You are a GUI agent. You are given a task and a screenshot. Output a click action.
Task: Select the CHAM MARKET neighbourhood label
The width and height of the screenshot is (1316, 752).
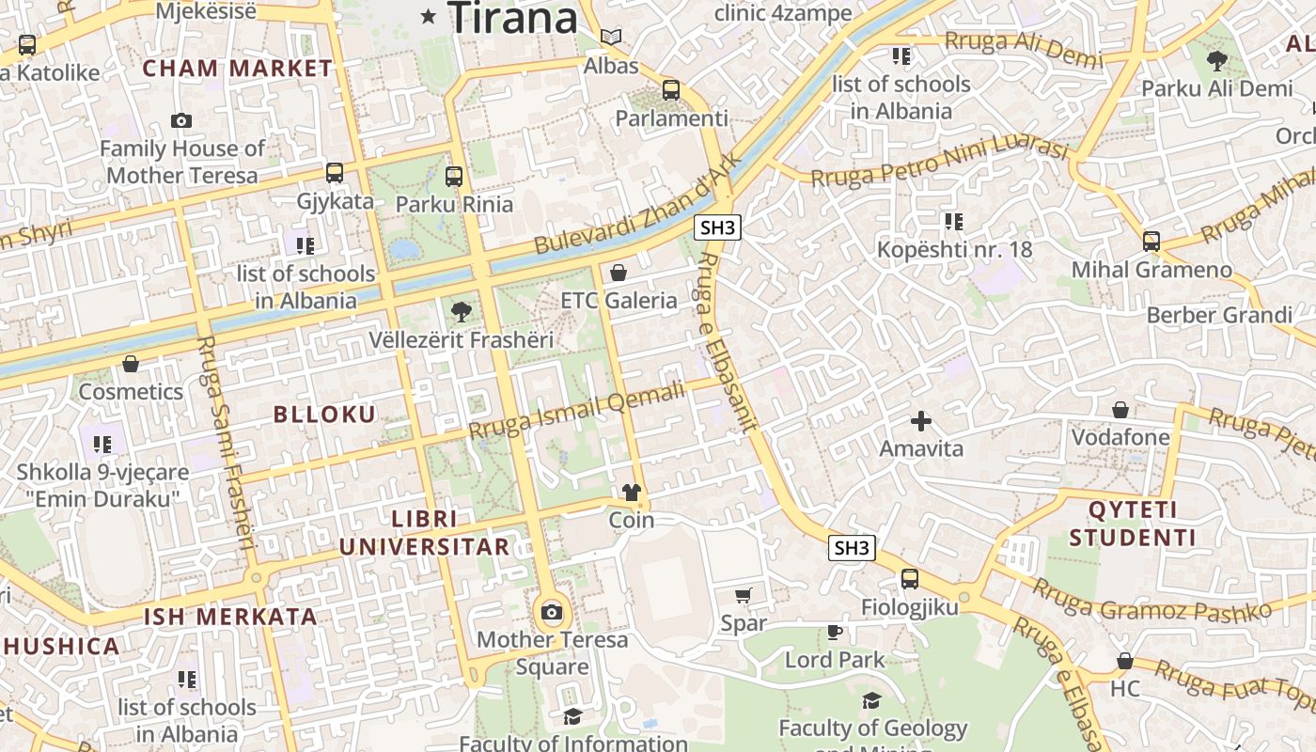pyautogui.click(x=237, y=68)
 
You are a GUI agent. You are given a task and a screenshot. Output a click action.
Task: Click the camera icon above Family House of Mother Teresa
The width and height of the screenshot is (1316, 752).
pyautogui.click(x=181, y=120)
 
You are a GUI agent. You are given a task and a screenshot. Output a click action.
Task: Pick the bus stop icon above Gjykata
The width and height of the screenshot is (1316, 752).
pyautogui.click(x=334, y=173)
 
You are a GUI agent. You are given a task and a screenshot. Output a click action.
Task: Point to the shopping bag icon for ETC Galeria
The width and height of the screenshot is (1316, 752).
pyautogui.click(x=619, y=274)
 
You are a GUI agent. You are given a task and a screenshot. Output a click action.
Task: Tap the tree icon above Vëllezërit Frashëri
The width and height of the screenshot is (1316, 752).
pyautogui.click(x=461, y=311)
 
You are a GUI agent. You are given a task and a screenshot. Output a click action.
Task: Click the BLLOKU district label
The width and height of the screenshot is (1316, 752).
pyautogui.click(x=324, y=414)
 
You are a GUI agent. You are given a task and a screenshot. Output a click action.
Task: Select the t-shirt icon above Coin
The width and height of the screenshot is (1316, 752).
pyautogui.click(x=632, y=493)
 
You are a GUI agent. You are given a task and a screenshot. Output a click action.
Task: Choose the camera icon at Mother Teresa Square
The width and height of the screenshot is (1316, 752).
pyautogui.click(x=552, y=613)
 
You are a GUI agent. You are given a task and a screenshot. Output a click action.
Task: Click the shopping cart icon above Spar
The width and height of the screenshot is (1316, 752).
pyautogui.click(x=744, y=595)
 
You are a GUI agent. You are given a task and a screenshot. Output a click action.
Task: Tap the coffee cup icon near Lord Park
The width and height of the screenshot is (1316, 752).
pyautogui.click(x=834, y=632)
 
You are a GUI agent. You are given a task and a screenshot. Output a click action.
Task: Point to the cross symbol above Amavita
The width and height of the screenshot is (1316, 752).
pyautogui.click(x=921, y=420)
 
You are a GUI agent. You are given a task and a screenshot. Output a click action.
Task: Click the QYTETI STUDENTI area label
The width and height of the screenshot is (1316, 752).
pyautogui.click(x=1132, y=524)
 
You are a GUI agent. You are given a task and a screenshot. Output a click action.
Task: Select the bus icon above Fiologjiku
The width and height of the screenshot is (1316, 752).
pyautogui.click(x=909, y=579)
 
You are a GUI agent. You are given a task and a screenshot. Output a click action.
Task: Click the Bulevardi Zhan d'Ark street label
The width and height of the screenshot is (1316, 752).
pyautogui.click(x=638, y=202)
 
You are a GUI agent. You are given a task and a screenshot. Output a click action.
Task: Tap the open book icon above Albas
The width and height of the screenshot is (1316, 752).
pyautogui.click(x=611, y=38)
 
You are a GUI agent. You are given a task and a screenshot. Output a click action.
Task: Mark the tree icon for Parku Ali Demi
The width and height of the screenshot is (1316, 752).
pyautogui.click(x=1216, y=61)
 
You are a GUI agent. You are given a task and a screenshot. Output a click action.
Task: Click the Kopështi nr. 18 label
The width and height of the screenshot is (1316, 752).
pyautogui.click(x=954, y=249)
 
